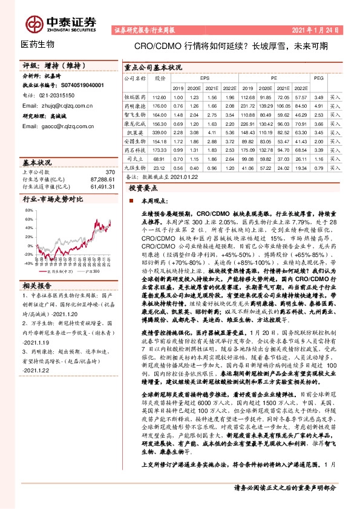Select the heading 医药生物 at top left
[38, 45]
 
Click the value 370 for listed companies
[110, 173]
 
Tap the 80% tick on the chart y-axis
[28, 210]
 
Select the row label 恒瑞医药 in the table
[136, 97]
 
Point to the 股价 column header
[160, 79]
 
